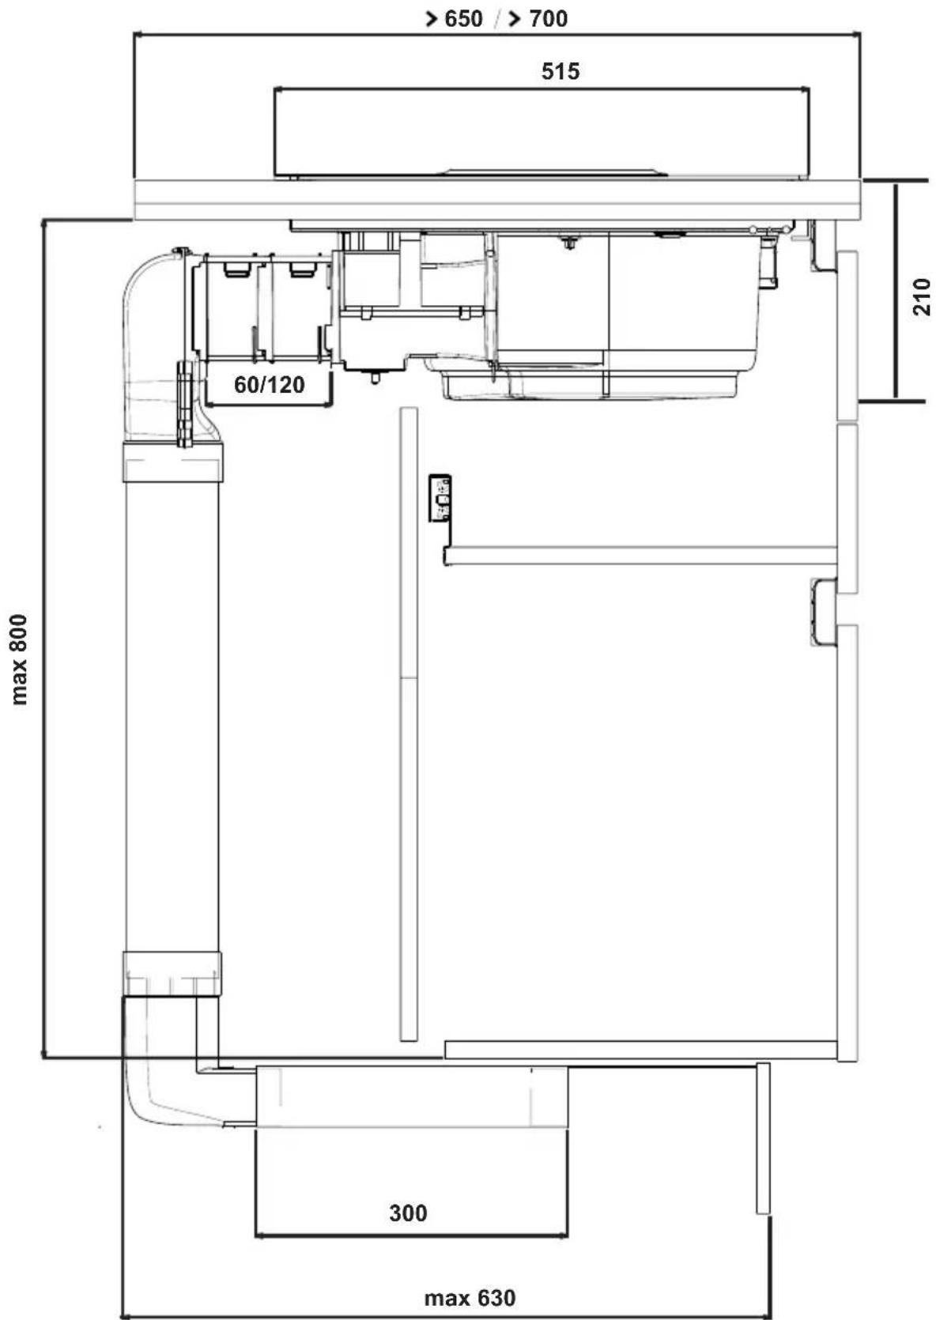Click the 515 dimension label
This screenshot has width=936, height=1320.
pyautogui.click(x=560, y=71)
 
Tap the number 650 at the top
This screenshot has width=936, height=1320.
pyautogui.click(x=462, y=19)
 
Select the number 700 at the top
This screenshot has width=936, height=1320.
pyautogui.click(x=548, y=19)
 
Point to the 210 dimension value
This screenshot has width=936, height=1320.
pyautogui.click(x=922, y=296)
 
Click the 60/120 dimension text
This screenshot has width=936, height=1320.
pyautogui.click(x=270, y=385)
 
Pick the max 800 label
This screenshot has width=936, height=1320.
pyautogui.click(x=19, y=659)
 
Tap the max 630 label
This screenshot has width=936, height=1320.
pyautogui.click(x=470, y=1298)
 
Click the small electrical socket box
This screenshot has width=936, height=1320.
pyautogui.click(x=440, y=498)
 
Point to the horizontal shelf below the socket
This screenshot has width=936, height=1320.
pyautogui.click(x=640, y=556)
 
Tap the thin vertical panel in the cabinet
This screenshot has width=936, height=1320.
pyautogui.click(x=409, y=725)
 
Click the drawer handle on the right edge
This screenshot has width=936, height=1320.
pyautogui.click(x=824, y=613)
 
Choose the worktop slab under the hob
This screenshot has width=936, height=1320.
pyautogui.click(x=498, y=200)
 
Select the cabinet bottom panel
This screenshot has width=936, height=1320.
pyautogui.click(x=640, y=1050)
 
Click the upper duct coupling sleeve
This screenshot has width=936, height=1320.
pyautogui.click(x=173, y=462)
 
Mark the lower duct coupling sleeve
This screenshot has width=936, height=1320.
pyautogui.click(x=172, y=974)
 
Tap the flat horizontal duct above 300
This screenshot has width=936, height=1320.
pyautogui.click(x=411, y=1097)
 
